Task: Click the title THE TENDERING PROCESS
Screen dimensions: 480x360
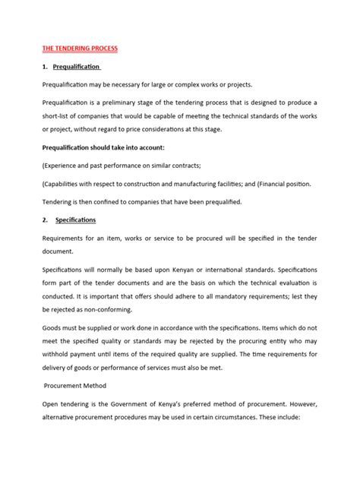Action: pyautogui.click(x=81, y=48)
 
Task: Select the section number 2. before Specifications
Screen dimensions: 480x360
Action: pyautogui.click(x=46, y=219)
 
